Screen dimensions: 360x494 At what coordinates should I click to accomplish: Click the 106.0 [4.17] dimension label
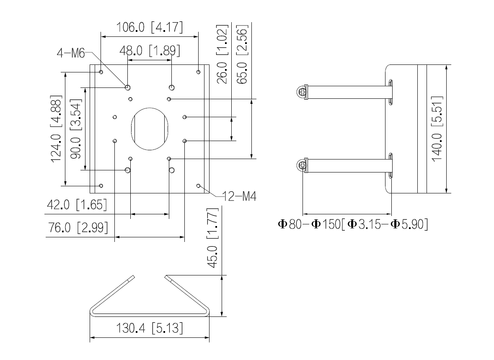pos(150,28)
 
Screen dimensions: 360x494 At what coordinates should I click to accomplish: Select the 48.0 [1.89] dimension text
pos(150,51)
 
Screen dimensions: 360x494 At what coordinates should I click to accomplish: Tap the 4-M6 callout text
pos(71,53)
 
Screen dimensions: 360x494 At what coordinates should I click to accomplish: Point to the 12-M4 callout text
pos(240,196)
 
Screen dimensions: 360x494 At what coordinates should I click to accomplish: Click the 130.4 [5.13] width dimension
pos(150,328)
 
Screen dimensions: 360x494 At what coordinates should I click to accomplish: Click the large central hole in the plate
pos(150,129)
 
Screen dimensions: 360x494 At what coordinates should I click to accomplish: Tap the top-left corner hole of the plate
pos(101,72)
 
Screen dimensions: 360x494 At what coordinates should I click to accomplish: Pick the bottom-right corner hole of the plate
pos(198,185)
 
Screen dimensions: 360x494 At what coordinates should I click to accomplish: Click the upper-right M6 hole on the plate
pos(171,87)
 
